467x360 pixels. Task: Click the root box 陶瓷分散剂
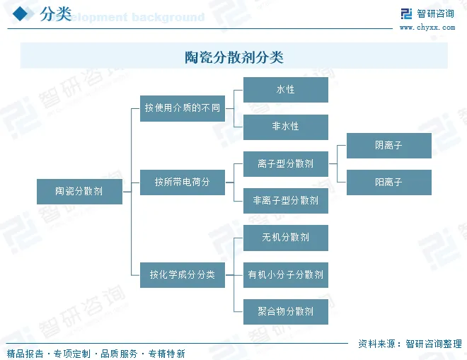click(x=79, y=191)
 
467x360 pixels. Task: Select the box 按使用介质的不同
click(x=183, y=108)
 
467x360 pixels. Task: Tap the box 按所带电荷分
click(x=183, y=182)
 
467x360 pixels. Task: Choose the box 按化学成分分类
click(x=183, y=274)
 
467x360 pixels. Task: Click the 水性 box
click(x=286, y=90)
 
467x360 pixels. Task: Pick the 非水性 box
click(x=286, y=127)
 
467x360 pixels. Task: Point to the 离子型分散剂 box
click(x=286, y=163)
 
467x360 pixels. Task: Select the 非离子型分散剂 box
click(x=286, y=200)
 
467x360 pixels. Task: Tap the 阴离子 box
click(x=388, y=145)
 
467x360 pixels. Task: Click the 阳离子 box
click(x=388, y=182)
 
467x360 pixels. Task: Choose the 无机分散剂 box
click(x=286, y=238)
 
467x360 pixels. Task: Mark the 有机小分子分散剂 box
click(x=286, y=274)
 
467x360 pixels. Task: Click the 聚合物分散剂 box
click(x=286, y=311)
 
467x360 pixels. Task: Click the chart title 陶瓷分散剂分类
click(x=233, y=57)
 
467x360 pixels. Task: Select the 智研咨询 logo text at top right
click(x=435, y=13)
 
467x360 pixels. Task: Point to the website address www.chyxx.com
click(x=427, y=28)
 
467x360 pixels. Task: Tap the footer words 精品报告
click(x=24, y=353)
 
